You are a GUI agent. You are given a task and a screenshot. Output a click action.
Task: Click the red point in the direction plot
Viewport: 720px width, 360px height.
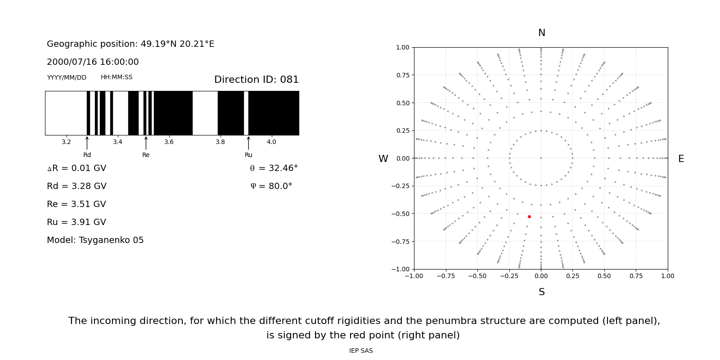529,217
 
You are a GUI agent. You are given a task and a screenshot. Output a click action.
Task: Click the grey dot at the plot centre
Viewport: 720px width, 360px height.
541,158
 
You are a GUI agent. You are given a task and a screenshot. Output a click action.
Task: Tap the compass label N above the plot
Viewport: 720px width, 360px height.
542,33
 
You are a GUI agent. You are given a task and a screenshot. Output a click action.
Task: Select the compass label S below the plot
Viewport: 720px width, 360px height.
542,292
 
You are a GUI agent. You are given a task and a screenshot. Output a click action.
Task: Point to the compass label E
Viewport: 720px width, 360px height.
681,159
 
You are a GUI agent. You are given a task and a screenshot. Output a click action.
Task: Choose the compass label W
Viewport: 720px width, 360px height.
383,159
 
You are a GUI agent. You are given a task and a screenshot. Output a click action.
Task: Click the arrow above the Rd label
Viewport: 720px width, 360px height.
87,143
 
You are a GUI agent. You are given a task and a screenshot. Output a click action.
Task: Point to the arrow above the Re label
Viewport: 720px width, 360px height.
146,143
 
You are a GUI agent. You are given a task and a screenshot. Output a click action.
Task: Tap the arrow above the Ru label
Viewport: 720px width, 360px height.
248,143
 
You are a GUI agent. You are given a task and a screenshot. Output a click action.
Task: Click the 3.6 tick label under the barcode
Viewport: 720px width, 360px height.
169,142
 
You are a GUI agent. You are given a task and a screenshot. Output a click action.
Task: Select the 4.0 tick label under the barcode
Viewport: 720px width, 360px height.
271,142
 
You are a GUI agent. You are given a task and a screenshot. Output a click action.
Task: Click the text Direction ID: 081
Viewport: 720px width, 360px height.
256,80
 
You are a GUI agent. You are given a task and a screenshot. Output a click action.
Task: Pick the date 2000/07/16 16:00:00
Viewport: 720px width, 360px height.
93,62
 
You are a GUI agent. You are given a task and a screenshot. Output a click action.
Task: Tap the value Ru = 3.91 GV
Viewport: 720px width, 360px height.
76,222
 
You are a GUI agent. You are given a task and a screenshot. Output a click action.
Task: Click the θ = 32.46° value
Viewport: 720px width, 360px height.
274,168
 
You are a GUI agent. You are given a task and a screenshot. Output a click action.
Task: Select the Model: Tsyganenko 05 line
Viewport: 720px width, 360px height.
95,240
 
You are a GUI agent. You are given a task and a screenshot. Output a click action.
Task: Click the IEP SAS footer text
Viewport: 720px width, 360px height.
361,351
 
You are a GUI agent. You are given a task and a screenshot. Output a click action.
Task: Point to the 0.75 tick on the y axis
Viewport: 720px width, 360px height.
403,75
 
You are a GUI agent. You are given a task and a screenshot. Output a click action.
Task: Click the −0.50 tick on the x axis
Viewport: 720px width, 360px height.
477,276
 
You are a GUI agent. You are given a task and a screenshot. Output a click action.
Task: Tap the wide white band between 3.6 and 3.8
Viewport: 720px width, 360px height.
205,113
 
